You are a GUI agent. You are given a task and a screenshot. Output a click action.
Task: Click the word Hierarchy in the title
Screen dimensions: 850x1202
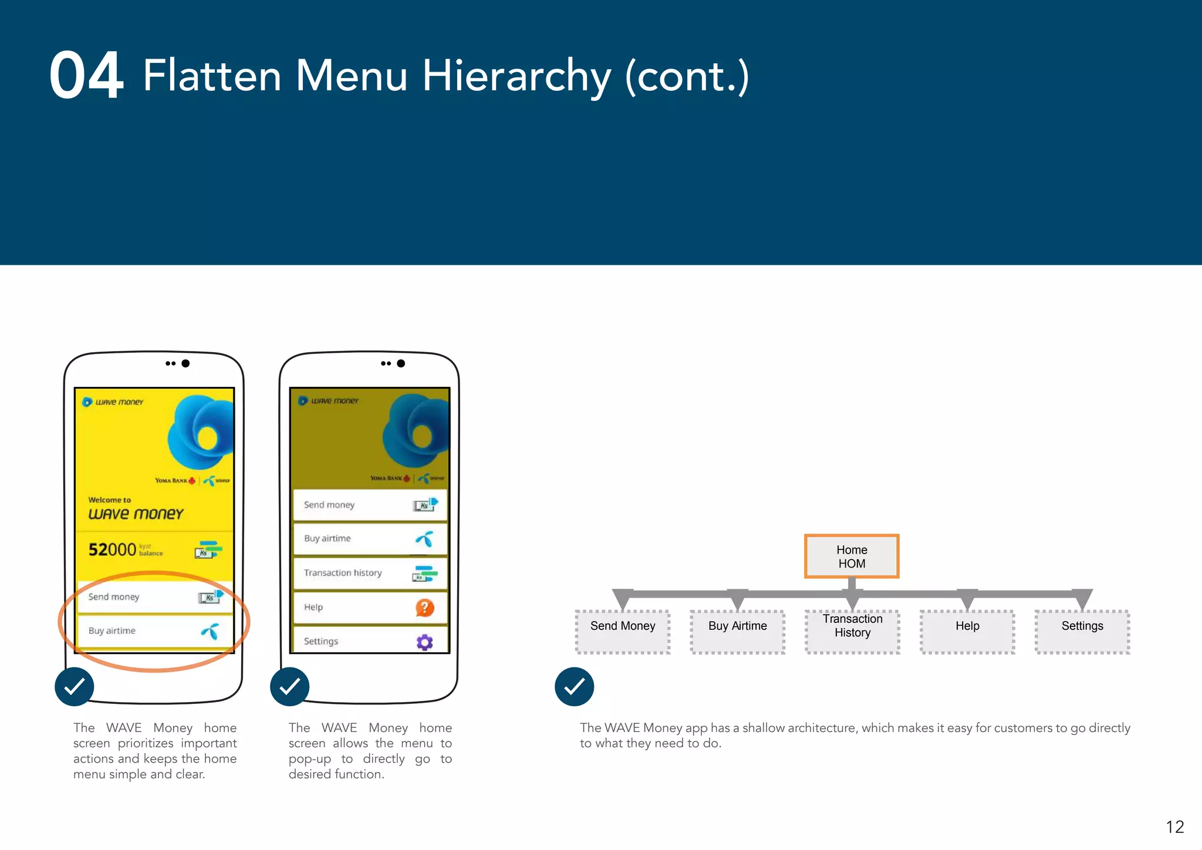pyautogui.click(x=516, y=76)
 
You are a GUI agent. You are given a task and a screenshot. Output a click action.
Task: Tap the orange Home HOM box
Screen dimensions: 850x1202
pyautogui.click(x=852, y=556)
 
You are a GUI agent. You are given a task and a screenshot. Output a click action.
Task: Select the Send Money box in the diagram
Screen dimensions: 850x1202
pyautogui.click(x=623, y=632)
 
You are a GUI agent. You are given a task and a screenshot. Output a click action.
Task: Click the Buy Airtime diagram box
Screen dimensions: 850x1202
pyautogui.click(x=737, y=632)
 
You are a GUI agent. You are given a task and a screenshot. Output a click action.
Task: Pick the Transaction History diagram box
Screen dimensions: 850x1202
pyautogui.click(x=852, y=632)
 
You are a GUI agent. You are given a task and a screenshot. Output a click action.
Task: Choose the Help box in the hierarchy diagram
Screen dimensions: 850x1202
pyautogui.click(x=967, y=632)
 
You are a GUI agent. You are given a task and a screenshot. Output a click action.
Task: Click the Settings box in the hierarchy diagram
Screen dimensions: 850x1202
pyautogui.click(x=1082, y=632)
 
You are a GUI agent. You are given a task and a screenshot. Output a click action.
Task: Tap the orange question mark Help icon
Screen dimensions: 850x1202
pyautogui.click(x=424, y=608)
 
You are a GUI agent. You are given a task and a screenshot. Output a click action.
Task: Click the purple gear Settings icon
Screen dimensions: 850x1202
pyautogui.click(x=424, y=642)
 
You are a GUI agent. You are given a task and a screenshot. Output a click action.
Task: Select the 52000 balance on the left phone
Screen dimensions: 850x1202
pyautogui.click(x=113, y=549)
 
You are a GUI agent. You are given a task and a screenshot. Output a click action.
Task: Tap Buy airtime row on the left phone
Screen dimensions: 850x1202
pyautogui.click(x=154, y=631)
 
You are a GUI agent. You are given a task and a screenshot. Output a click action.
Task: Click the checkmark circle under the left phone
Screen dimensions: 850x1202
pyautogui.click(x=75, y=686)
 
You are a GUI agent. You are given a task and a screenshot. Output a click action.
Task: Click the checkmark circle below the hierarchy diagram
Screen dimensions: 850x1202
pyautogui.click(x=574, y=686)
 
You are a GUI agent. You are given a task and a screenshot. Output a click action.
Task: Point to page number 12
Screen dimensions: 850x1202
pyautogui.click(x=1174, y=827)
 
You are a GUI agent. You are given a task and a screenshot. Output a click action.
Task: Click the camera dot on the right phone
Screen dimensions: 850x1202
pyautogui.click(x=401, y=363)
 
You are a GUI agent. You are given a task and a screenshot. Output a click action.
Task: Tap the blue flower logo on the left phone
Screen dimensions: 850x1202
pyautogui.click(x=200, y=433)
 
